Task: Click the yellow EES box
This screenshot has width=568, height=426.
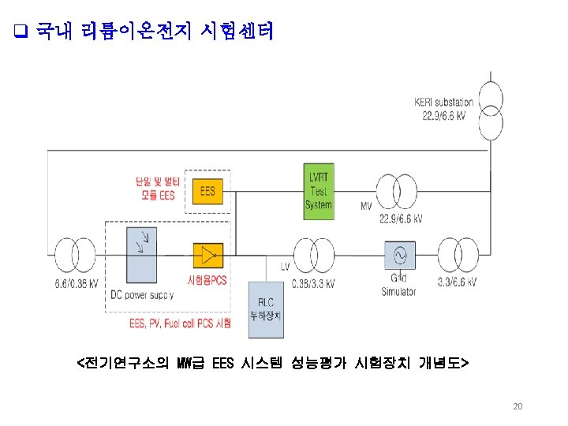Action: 207,192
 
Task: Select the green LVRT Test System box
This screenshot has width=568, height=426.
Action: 319,189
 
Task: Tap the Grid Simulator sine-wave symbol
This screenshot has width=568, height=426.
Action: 398,256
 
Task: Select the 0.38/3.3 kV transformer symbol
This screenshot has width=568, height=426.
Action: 310,256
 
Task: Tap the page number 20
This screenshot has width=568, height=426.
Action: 518,406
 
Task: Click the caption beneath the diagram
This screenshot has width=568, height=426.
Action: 272,363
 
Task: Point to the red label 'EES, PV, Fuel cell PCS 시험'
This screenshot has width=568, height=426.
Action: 181,323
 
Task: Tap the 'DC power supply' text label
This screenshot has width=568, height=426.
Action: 142,295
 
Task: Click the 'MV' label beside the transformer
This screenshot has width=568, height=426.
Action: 366,206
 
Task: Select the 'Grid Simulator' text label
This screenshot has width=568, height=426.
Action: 398,286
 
